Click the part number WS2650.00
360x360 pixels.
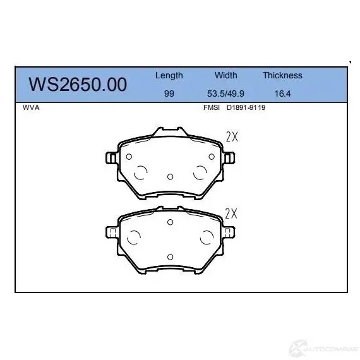78,84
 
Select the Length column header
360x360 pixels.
169,76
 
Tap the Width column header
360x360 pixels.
226,75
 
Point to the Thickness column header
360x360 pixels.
282,75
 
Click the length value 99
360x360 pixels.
169,93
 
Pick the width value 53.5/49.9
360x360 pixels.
225,93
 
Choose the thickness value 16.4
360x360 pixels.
282,93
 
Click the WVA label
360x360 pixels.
31,107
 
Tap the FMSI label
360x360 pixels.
212,107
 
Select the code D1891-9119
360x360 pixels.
246,107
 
